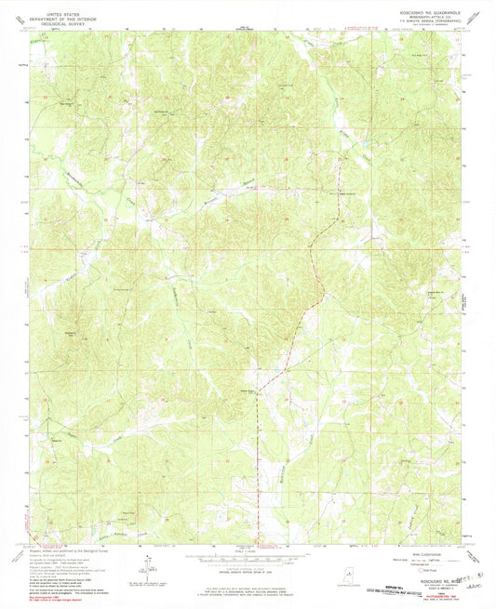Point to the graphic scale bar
[248, 559]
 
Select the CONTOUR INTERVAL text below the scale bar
[248, 568]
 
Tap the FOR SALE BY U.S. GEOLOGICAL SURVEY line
[248, 578]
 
